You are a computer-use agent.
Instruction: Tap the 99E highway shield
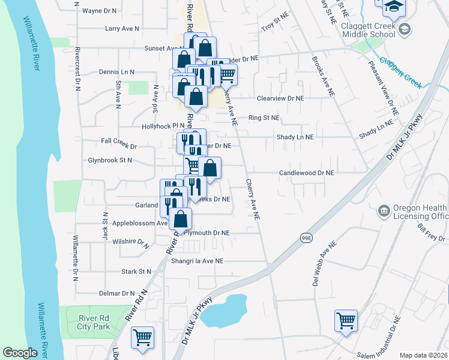[306, 238]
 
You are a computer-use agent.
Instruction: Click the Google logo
[20, 353]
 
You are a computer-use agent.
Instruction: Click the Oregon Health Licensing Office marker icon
[382, 211]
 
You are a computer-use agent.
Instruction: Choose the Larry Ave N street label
[121, 28]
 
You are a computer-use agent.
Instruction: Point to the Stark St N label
[136, 272]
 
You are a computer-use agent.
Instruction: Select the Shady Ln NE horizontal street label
[295, 137]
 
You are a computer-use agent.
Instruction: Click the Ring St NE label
[264, 118]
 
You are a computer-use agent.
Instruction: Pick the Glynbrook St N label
[109, 161]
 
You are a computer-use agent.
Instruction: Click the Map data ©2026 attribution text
[423, 355]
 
